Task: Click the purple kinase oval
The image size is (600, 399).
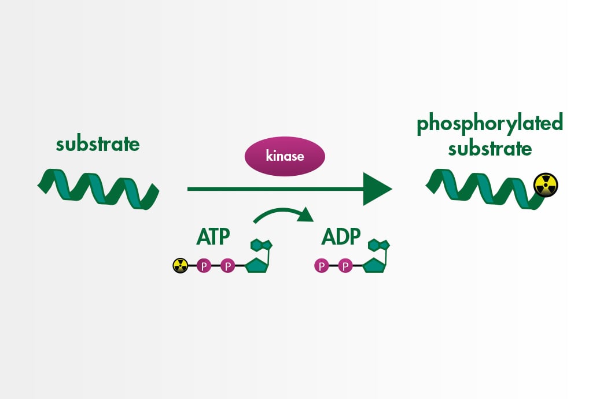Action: click(x=285, y=156)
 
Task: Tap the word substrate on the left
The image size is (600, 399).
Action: click(x=98, y=144)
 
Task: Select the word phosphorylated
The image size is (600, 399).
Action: click(x=489, y=124)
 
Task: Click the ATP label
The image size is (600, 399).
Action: click(x=213, y=236)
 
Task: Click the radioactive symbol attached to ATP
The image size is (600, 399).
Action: click(x=181, y=266)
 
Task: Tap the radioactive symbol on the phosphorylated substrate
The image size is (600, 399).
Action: click(x=546, y=185)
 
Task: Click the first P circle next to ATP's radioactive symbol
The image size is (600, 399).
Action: click(x=204, y=266)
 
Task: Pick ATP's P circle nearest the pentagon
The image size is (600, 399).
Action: click(x=227, y=266)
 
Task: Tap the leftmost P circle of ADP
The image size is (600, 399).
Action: click(x=321, y=266)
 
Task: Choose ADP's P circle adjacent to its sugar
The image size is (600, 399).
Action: click(x=345, y=266)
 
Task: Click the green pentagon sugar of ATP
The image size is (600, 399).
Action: click(x=256, y=265)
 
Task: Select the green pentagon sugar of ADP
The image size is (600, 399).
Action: click(x=374, y=265)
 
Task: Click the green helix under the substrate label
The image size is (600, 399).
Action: click(x=98, y=188)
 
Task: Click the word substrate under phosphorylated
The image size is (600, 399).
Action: click(x=489, y=149)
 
